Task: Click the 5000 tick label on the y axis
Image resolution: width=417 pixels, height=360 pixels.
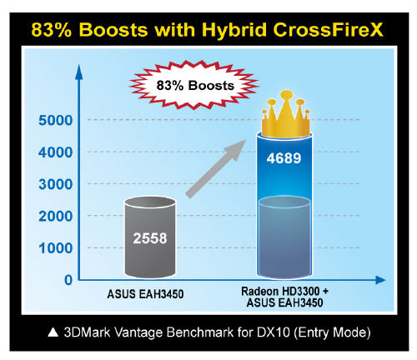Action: pyautogui.click(x=55, y=120)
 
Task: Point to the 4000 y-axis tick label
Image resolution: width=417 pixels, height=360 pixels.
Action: pyautogui.click(x=55, y=152)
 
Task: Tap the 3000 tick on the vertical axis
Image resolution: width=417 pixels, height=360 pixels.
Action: pyautogui.click(x=55, y=184)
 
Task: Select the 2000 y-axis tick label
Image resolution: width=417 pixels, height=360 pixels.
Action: pyautogui.click(x=55, y=216)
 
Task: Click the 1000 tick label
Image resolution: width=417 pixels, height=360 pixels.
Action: pyautogui.click(x=55, y=248)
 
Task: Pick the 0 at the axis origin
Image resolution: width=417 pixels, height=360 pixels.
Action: pyautogui.click(x=68, y=280)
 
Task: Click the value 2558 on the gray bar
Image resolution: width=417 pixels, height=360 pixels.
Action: pyautogui.click(x=150, y=238)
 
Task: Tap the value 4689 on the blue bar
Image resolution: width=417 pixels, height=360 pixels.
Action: pyautogui.click(x=284, y=158)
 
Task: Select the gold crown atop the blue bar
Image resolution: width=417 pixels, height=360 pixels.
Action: pyautogui.click(x=285, y=114)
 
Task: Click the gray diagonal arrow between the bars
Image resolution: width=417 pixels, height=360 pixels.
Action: pyautogui.click(x=215, y=169)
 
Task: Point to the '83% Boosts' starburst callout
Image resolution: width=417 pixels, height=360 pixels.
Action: pyautogui.click(x=194, y=85)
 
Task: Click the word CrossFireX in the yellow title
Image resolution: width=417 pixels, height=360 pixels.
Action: pyautogui.click(x=329, y=29)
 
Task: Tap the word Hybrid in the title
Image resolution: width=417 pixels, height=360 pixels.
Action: pyautogui.click(x=234, y=30)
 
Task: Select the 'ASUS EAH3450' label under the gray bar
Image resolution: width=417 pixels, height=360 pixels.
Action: pyautogui.click(x=145, y=294)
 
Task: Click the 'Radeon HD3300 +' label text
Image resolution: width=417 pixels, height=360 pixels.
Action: pyautogui.click(x=284, y=292)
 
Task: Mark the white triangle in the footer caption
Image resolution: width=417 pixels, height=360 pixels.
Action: pyautogui.click(x=53, y=332)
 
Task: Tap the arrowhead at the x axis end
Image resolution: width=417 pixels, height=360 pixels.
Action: pyautogui.click(x=380, y=280)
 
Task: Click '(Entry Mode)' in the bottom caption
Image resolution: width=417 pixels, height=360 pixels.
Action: pyautogui.click(x=332, y=332)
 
